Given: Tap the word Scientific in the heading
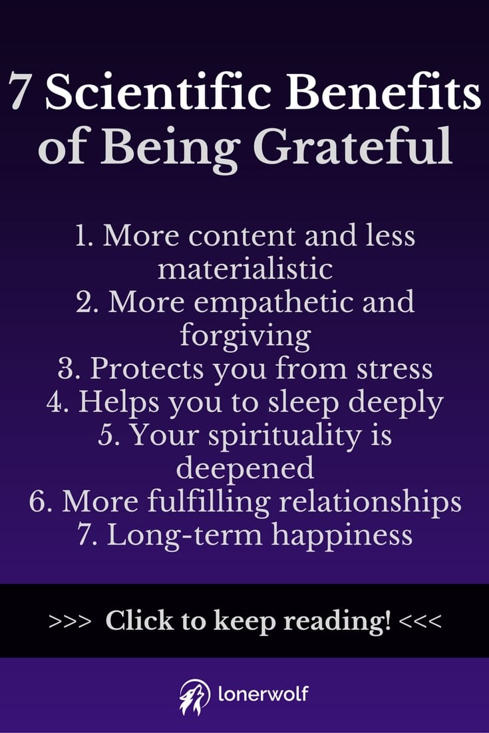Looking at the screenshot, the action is (x=159, y=90).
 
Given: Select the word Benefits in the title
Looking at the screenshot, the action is (x=383, y=90).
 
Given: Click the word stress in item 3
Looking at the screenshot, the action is (x=395, y=369).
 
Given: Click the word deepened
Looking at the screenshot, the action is (x=245, y=469).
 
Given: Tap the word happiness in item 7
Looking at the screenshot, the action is (x=342, y=535).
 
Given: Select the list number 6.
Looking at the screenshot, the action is (x=41, y=502).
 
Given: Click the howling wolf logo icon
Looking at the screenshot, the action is (x=195, y=696).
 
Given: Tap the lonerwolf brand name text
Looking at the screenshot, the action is (x=263, y=694).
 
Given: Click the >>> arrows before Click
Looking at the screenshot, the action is (x=70, y=621).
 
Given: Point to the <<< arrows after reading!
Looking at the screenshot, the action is (x=420, y=621).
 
